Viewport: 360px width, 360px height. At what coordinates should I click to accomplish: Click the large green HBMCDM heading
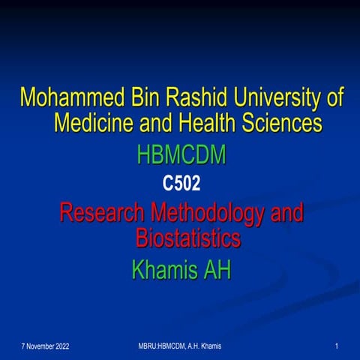tap(181, 156)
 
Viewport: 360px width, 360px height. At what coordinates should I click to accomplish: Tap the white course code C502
tap(181, 183)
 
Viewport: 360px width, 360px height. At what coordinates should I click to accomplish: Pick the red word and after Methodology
tap(286, 214)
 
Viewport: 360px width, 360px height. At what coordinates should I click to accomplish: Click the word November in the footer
tap(43, 345)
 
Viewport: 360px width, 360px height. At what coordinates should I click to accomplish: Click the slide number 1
tap(338, 345)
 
